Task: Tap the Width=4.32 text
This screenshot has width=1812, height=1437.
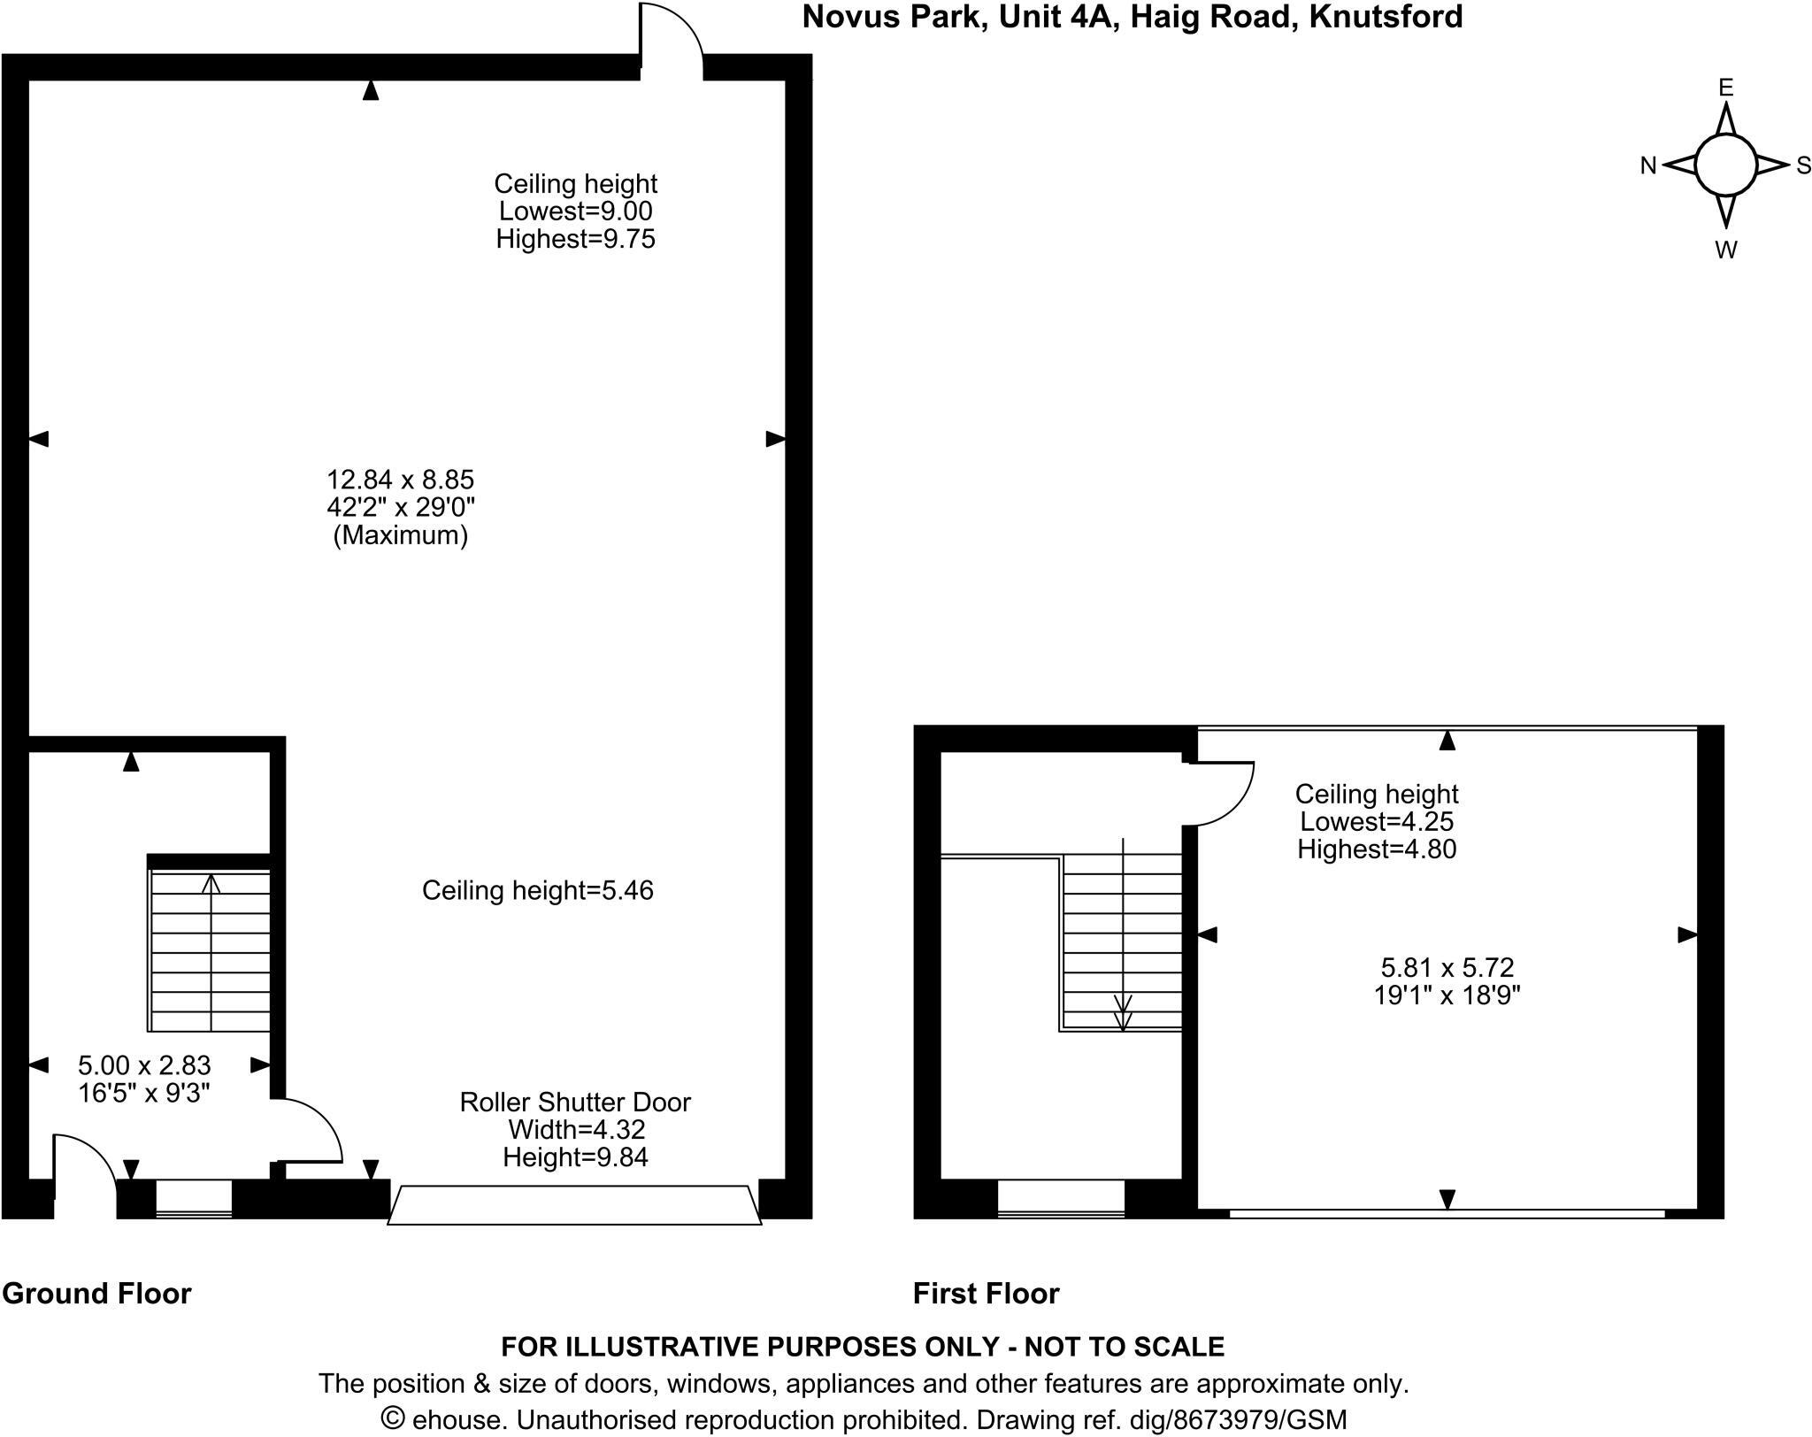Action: coord(576,1129)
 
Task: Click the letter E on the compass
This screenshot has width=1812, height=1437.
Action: coord(1725,88)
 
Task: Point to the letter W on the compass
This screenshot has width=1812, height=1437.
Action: coord(1725,250)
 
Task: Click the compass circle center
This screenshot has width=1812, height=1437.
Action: coord(1725,165)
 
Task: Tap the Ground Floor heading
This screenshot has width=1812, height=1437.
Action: coord(96,1293)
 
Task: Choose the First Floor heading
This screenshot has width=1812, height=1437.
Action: coord(986,1293)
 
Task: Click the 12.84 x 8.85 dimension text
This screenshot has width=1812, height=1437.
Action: coord(401,480)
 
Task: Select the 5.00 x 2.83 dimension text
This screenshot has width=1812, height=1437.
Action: coord(144,1064)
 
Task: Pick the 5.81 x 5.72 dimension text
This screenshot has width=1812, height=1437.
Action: coord(1447,967)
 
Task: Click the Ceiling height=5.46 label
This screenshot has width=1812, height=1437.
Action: coord(537,890)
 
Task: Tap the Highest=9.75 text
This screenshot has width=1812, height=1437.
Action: coord(575,239)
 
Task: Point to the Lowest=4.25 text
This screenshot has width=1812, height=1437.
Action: coord(1376,821)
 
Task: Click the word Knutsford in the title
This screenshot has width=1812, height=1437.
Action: coord(1385,17)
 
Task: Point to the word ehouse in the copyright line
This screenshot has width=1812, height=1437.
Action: coord(460,1419)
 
